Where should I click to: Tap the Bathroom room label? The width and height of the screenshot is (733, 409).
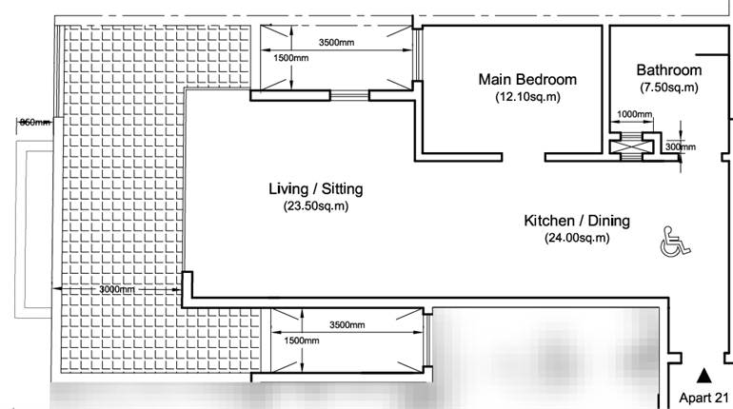click(x=668, y=70)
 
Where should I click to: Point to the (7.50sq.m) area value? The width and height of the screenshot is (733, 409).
click(x=668, y=88)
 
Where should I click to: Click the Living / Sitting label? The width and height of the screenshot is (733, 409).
click(x=315, y=189)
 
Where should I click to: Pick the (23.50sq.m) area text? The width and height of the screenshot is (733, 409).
click(x=315, y=206)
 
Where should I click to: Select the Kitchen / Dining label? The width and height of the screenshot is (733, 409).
click(x=577, y=221)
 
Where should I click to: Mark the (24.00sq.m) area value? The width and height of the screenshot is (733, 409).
click(x=577, y=238)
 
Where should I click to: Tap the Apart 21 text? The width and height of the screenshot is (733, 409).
click(x=704, y=398)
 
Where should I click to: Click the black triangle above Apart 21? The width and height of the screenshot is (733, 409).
click(x=704, y=376)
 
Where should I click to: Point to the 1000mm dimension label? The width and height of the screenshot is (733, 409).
click(x=635, y=115)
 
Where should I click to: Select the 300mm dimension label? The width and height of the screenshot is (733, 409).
click(x=680, y=147)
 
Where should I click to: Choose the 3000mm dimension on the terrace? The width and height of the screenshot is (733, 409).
click(x=115, y=289)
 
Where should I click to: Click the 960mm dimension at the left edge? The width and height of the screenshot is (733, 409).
click(x=34, y=123)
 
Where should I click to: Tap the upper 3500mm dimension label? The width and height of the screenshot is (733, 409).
click(x=337, y=43)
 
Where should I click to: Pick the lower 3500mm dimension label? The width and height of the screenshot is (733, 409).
click(x=347, y=324)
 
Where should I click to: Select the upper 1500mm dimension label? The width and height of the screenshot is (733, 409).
click(x=291, y=58)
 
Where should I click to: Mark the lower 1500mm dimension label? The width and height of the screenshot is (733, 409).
click(x=301, y=341)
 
